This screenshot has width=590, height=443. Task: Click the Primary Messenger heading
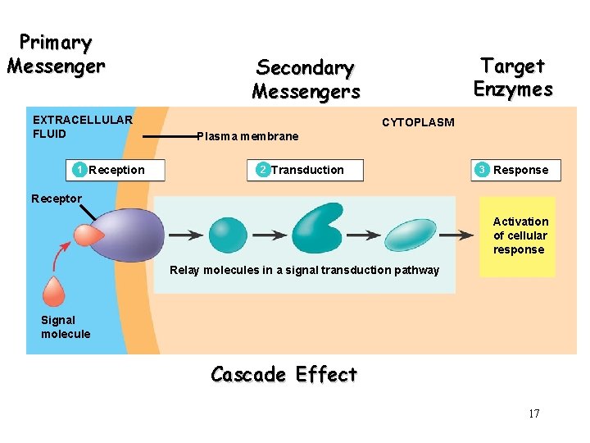(56, 53)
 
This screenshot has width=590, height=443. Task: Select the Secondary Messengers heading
(305, 79)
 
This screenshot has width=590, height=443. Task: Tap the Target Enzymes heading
(513, 76)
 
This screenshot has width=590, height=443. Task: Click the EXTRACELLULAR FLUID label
(82, 126)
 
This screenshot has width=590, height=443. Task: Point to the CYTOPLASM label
(418, 122)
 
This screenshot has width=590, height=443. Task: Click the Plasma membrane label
(247, 136)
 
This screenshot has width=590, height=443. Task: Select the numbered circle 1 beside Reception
(79, 170)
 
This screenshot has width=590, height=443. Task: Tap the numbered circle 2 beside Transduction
(261, 170)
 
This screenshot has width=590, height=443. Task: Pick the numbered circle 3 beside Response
(483, 170)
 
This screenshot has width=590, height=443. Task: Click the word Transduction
(307, 170)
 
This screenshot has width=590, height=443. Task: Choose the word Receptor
(57, 199)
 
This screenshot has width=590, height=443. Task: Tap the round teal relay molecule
(228, 235)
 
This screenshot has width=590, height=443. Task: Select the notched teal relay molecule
(317, 229)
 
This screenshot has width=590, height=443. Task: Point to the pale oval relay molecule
(411, 235)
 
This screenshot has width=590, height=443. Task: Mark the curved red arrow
(59, 256)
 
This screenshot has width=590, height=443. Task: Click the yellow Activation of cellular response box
(517, 236)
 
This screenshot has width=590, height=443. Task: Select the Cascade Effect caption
(284, 375)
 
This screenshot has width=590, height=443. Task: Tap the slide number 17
(533, 413)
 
